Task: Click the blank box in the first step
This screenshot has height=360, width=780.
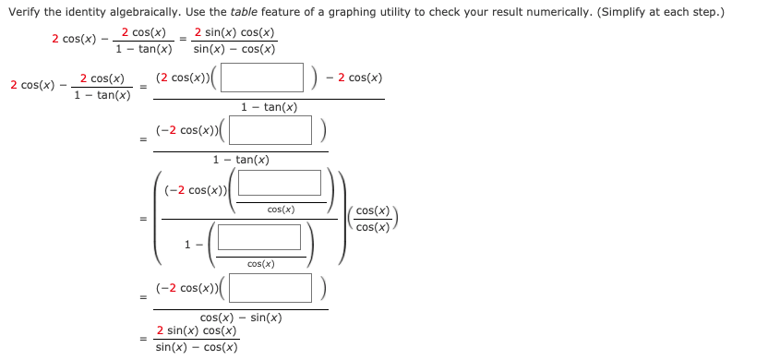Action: click(261, 78)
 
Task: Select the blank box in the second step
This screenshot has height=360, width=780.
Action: click(270, 130)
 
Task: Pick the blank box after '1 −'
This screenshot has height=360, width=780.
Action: click(259, 237)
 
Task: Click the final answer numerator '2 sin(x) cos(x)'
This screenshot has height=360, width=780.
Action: click(197, 330)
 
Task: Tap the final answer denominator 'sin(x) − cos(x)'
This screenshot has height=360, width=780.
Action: click(197, 347)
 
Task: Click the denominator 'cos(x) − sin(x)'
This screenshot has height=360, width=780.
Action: click(241, 318)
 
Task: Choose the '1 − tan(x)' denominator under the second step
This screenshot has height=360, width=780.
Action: click(241, 160)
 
